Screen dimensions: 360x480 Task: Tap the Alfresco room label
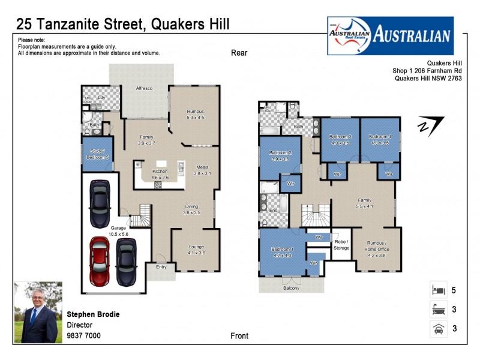point(143,89)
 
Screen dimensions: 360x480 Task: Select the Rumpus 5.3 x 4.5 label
point(196,115)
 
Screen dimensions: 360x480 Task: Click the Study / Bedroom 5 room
point(97,154)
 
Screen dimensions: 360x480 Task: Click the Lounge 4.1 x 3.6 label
point(196,250)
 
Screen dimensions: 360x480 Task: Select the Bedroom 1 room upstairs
point(282,252)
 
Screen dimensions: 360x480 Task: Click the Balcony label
point(291,289)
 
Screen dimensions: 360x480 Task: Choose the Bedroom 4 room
point(380,140)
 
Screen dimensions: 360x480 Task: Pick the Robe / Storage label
point(341,244)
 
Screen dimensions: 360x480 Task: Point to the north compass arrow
point(431,126)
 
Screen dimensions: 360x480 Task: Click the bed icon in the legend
point(437,290)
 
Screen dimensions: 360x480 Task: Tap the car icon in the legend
point(437,328)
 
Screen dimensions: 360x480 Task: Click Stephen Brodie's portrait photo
point(38,313)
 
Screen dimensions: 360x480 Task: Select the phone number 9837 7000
point(83,335)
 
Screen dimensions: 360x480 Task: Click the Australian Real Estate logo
point(390,35)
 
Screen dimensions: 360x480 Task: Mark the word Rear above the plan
point(239,53)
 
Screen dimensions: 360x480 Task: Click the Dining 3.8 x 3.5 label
point(195,209)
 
